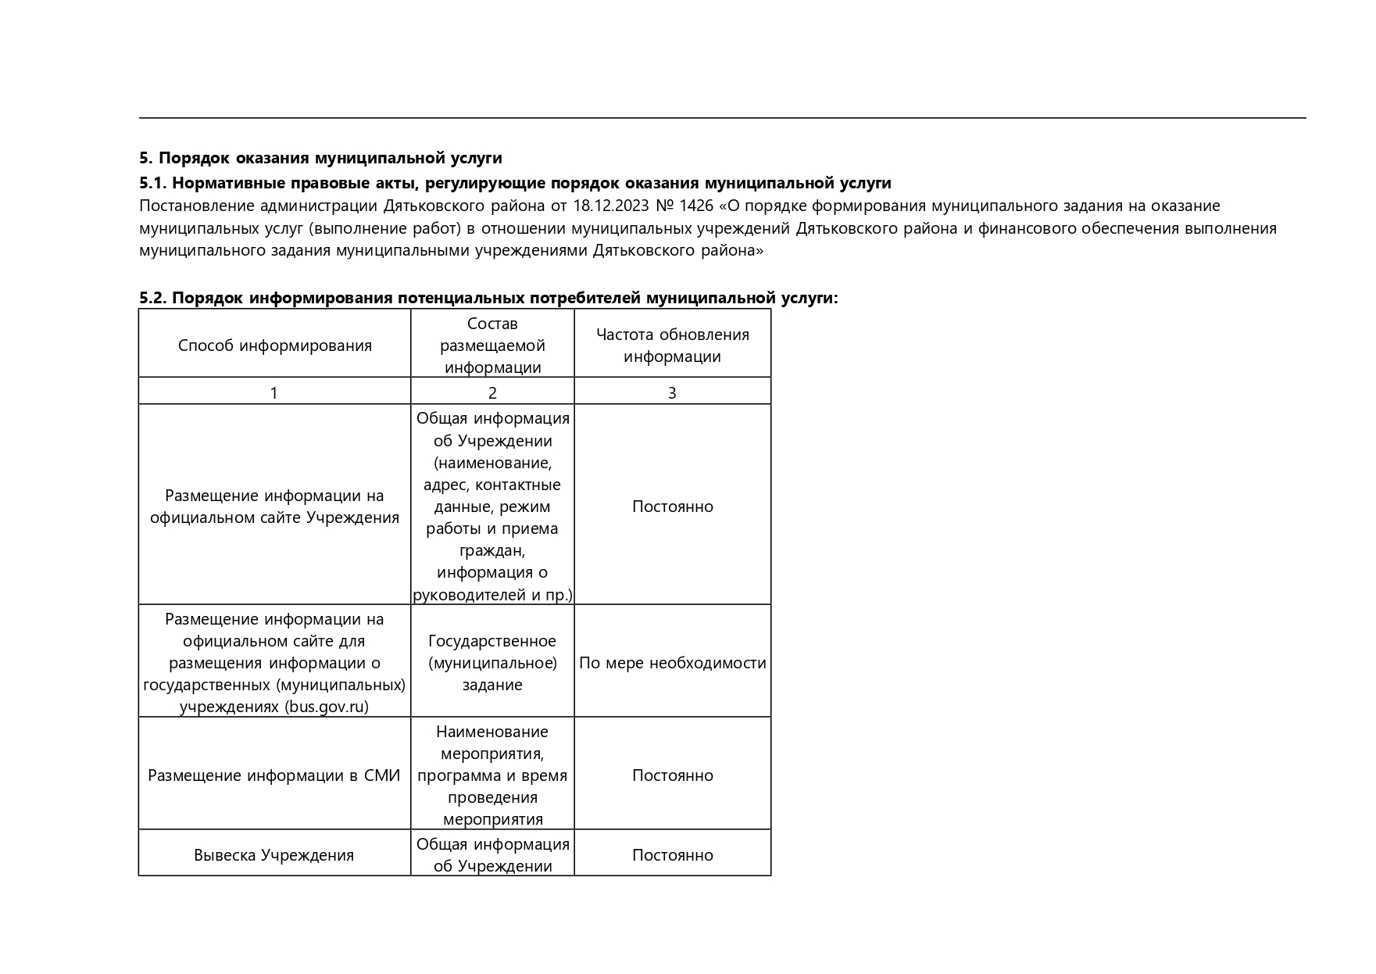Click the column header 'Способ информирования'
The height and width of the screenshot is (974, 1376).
coord(274,346)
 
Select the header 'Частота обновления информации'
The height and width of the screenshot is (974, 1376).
coord(672,346)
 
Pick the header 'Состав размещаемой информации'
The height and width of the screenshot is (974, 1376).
coord(492,346)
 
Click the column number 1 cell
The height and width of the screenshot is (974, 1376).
coord(273,393)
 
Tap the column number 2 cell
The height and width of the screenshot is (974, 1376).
coord(492,393)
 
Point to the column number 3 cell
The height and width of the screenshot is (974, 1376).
coord(672,393)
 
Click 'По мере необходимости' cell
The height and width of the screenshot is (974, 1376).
coord(672,663)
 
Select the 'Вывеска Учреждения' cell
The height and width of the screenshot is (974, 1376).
coord(273,855)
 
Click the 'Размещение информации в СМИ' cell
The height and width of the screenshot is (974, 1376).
coord(273,775)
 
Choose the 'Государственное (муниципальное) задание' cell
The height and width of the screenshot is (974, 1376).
coord(492,663)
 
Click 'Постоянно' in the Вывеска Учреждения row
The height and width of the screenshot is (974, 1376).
coord(672,855)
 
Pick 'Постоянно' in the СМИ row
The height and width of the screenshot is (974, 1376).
coord(672,775)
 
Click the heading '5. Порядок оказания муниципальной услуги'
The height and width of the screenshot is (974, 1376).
coord(320,158)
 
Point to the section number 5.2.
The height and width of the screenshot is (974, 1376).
coord(152,298)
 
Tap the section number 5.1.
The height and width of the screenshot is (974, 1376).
coord(152,183)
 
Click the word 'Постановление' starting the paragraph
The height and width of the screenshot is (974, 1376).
coord(197,206)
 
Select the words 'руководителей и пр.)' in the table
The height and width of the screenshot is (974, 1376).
coord(492,595)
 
